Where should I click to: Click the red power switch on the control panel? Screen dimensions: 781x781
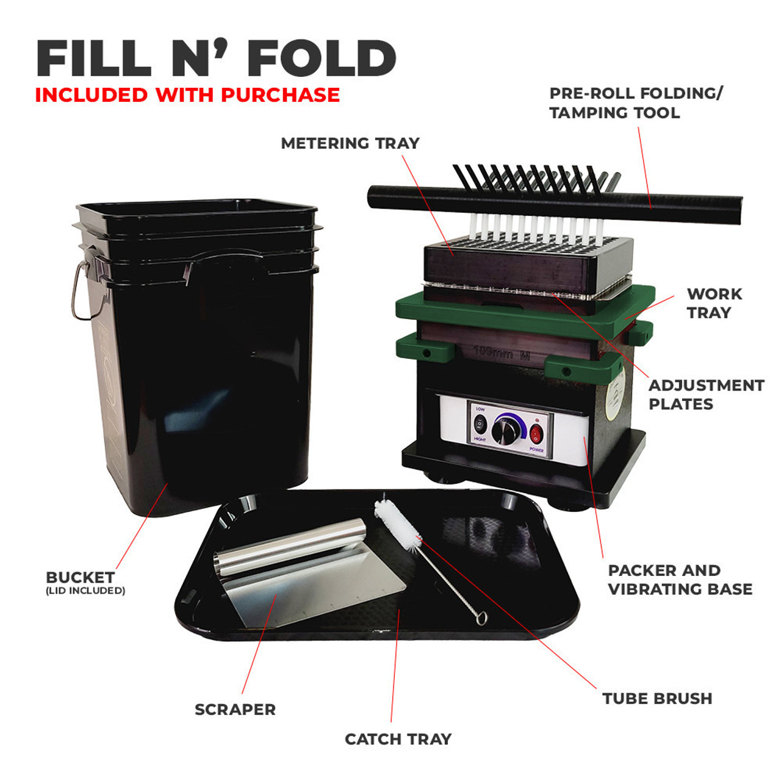(536, 434)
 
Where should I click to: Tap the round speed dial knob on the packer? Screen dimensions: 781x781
(506, 430)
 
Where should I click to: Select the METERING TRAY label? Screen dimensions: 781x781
(350, 143)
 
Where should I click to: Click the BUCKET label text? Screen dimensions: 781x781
(80, 577)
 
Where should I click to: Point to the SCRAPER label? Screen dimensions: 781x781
(235, 710)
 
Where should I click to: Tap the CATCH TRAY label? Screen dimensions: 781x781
(398, 739)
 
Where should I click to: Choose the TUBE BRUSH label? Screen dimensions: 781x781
(657, 699)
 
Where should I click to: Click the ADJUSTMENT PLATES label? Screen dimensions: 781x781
(706, 395)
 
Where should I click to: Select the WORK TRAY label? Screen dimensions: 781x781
(714, 303)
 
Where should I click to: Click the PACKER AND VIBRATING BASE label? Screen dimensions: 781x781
(680, 580)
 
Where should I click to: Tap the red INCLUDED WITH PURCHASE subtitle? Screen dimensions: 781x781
(187, 95)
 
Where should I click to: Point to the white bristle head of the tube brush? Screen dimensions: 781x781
(397, 523)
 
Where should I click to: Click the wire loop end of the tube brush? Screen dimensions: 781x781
(482, 619)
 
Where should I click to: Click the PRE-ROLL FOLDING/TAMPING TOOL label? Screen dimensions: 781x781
(635, 103)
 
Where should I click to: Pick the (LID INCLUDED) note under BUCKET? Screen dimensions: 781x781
(85, 591)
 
